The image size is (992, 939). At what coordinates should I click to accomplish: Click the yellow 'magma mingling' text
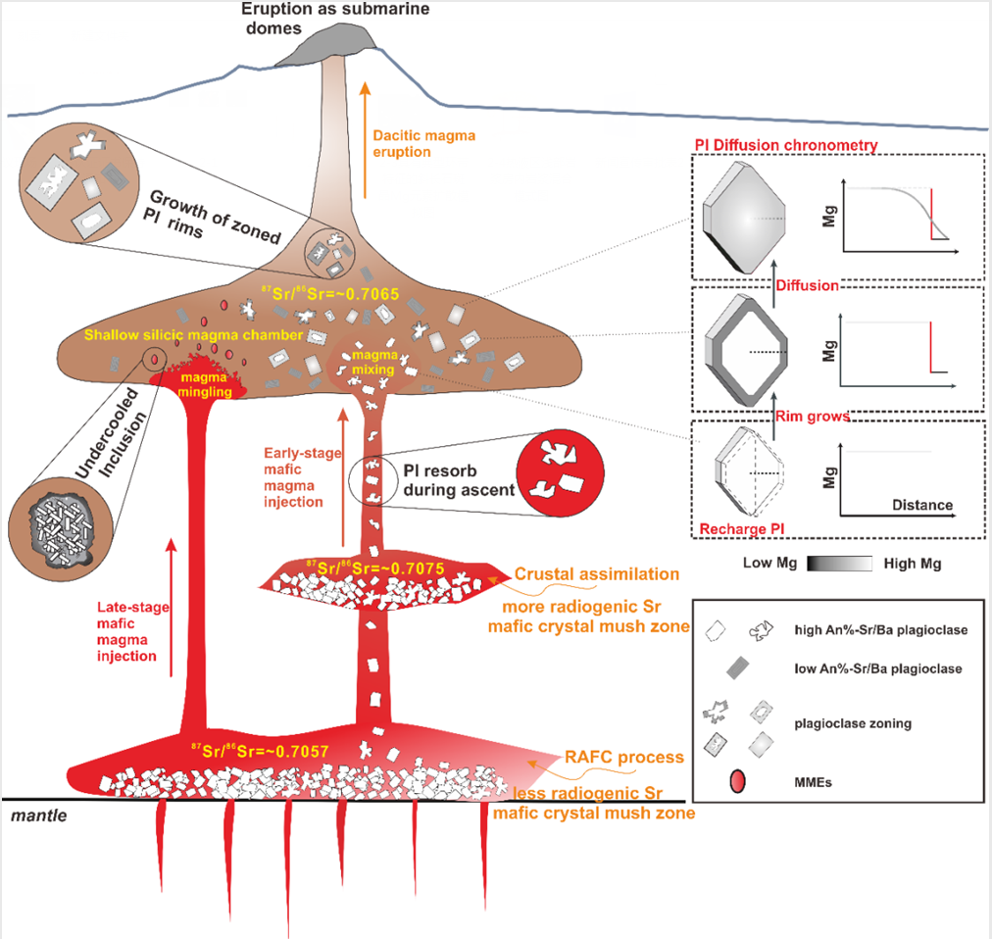click(203, 384)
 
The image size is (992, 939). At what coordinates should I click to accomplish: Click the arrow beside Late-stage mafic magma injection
click(173, 607)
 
